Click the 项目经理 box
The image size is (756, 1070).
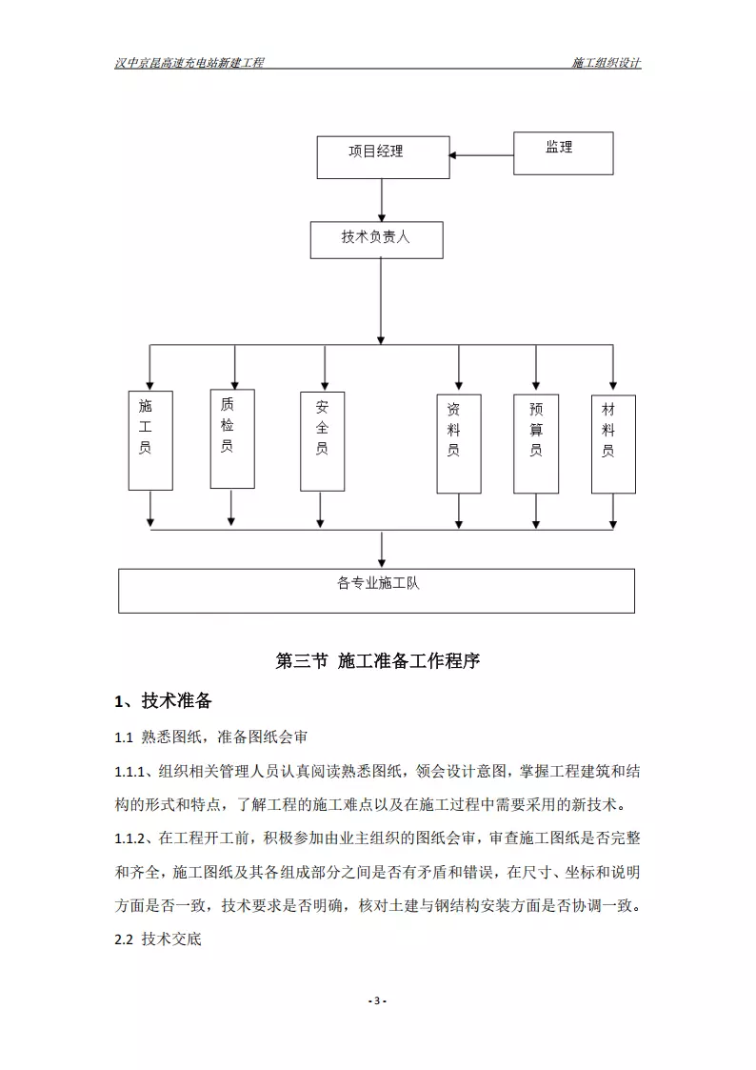(383, 157)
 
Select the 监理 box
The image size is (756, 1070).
(563, 153)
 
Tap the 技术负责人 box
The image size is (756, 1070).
(376, 240)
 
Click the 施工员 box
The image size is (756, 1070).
(150, 440)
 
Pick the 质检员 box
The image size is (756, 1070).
(232, 439)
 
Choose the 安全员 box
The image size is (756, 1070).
(323, 441)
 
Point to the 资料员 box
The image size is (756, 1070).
(459, 444)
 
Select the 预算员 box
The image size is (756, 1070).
(536, 444)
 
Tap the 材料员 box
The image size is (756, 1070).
(613, 444)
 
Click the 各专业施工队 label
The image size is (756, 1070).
(378, 583)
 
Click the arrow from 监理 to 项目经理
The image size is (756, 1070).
(481, 155)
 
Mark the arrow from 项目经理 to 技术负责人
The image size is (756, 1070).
(381, 201)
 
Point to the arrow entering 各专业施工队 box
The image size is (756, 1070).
(381, 550)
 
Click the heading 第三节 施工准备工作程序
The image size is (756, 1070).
(378, 660)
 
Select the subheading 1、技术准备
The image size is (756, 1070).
(163, 701)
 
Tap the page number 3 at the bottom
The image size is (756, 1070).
(377, 1001)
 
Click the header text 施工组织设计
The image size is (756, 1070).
(606, 63)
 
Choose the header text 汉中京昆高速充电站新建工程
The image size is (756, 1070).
(189, 63)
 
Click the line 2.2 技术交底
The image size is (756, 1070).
(158, 939)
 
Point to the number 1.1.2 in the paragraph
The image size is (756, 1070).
(129, 838)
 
